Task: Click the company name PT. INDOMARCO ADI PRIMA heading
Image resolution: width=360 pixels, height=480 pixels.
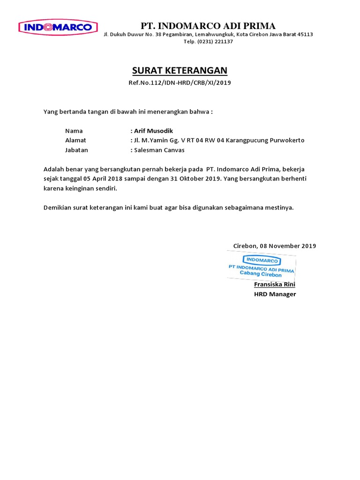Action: pos(209,26)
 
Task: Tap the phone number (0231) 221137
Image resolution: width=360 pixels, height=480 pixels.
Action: pos(215,41)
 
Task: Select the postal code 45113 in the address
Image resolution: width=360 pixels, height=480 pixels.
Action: pos(305,34)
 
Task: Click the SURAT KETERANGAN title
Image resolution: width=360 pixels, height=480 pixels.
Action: pos(180,71)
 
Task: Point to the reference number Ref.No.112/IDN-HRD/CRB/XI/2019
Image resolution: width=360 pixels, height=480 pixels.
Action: pos(180,83)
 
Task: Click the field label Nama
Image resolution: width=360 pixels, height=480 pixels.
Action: pos(74,131)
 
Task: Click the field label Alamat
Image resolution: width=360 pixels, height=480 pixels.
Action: pos(75,140)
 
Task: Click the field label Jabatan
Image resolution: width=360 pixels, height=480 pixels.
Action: pos(76,150)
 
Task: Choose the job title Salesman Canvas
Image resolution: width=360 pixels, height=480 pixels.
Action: pos(159,150)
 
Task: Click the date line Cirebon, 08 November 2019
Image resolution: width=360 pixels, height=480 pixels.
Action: pos(275,246)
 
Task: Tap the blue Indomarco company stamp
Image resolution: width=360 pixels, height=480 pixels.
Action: pos(261,266)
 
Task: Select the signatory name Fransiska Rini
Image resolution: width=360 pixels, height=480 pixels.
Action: pos(275,285)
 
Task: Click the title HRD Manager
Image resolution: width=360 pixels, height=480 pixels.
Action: pos(275,294)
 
